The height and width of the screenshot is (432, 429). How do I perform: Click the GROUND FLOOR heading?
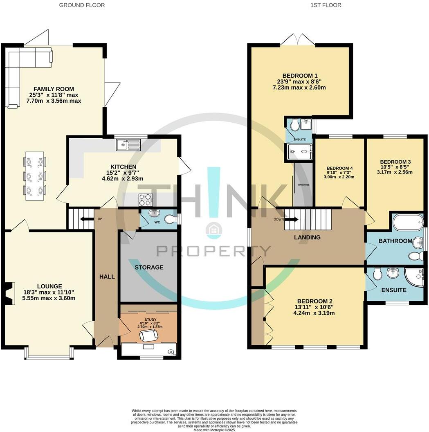pos(82,5)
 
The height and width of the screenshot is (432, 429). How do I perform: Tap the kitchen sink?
pos(128,144)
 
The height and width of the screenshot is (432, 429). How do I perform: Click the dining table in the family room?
pos(35,176)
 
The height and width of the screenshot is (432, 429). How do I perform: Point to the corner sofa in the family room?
pos(25,65)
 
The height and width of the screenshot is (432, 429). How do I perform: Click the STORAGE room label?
pos(149,268)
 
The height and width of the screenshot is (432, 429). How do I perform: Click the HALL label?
pos(107,277)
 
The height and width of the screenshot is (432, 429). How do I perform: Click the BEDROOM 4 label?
pos(339,168)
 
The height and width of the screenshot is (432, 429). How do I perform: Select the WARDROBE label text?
pos(303,184)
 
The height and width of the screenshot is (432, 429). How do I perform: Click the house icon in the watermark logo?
pos(213,230)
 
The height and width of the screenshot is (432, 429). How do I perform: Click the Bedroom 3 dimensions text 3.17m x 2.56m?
pos(395,172)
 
